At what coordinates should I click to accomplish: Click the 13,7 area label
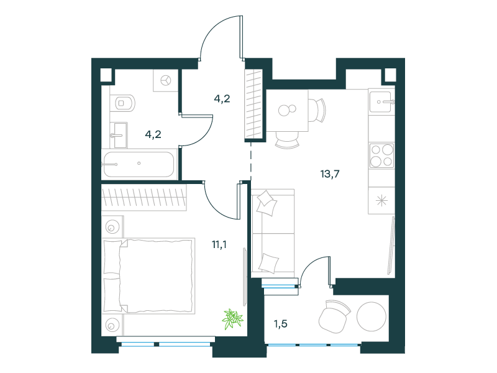[330, 174]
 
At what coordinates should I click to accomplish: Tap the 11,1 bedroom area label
[219, 244]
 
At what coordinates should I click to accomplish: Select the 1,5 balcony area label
[281, 324]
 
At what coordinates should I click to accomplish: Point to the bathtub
[138, 164]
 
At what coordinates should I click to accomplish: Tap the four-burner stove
[381, 155]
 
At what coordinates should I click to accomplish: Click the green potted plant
[232, 318]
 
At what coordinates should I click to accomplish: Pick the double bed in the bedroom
[148, 276]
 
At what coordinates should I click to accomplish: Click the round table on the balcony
[372, 316]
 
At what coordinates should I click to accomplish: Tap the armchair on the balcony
[334, 316]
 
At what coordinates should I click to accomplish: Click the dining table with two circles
[287, 111]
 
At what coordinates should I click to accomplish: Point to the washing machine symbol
[165, 81]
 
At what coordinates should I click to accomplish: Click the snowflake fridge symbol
[381, 200]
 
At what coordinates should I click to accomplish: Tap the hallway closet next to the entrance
[254, 104]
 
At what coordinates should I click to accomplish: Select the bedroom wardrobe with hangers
[144, 198]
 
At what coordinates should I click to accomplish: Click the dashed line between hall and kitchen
[251, 161]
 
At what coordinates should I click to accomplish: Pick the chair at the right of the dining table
[317, 111]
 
